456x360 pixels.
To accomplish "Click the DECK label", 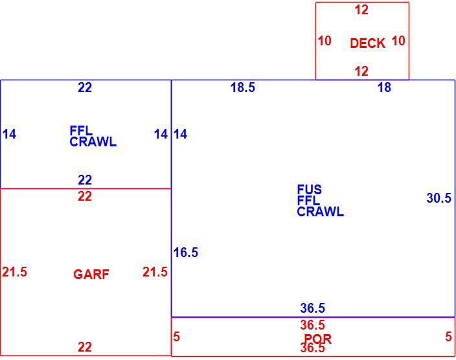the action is (x=368, y=43).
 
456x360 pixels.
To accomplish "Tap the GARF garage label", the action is (x=91, y=275).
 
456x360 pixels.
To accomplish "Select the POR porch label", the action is (x=317, y=339).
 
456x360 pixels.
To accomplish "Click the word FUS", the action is (x=310, y=190).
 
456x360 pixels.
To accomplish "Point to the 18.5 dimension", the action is (x=242, y=87).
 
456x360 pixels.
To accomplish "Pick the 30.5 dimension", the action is (x=439, y=198).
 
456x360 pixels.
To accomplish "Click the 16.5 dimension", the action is (x=185, y=252).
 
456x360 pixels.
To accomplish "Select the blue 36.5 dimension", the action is (x=313, y=308).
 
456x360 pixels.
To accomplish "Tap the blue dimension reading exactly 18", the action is (x=384, y=87).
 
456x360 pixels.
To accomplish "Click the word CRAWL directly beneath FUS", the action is (x=320, y=212).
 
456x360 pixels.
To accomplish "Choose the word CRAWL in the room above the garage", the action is (x=93, y=142).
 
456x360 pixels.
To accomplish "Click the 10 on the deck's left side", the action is (x=325, y=41).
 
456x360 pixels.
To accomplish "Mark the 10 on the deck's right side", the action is (x=398, y=41).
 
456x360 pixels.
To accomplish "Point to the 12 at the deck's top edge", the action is (x=361, y=10).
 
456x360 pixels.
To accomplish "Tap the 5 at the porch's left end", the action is (x=176, y=337).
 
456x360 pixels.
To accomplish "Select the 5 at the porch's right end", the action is (x=448, y=337).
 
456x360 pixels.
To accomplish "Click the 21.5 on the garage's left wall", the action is (x=14, y=272).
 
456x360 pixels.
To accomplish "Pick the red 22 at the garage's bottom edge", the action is (x=85, y=347).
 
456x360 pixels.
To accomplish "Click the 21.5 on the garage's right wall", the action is (x=155, y=272).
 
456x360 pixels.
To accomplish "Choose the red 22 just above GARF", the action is (x=85, y=196).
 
